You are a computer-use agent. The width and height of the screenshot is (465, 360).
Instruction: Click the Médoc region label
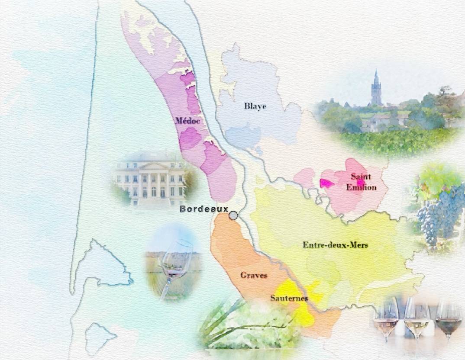click(x=188, y=121)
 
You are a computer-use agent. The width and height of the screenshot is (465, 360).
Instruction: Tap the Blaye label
click(x=255, y=106)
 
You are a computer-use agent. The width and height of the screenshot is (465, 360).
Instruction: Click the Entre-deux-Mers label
click(x=335, y=245)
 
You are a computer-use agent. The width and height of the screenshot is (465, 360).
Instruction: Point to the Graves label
click(x=254, y=275)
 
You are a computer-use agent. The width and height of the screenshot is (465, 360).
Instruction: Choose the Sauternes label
click(x=289, y=298)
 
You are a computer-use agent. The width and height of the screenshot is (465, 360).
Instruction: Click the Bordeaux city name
click(x=203, y=209)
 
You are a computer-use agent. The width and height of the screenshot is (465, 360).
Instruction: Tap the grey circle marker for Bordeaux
click(x=233, y=215)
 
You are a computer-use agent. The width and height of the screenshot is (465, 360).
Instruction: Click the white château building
click(x=152, y=177)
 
